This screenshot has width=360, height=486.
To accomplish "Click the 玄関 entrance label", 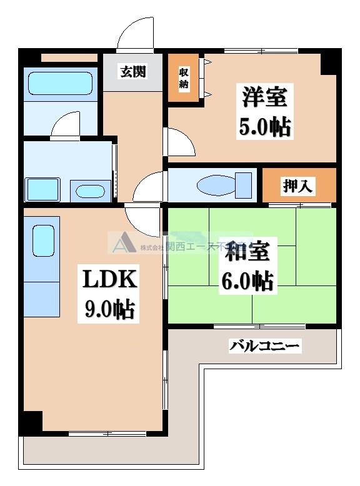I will point(133,72).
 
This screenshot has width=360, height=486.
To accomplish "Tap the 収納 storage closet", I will point(183,77).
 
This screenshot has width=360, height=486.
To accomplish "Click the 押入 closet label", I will point(299,185).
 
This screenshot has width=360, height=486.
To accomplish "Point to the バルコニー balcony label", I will point(265,345).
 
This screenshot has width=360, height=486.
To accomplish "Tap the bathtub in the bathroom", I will point(61,83).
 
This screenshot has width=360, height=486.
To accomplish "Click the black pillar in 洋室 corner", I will point(331,62).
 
